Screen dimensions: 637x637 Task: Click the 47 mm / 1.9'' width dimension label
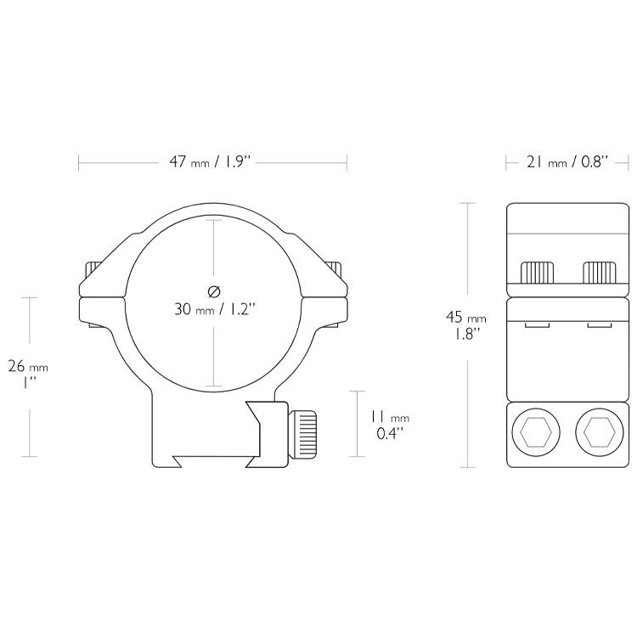(211, 162)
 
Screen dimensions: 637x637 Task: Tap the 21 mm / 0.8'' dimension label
(567, 162)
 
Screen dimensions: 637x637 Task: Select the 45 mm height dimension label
(465, 317)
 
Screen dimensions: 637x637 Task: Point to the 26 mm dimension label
(28, 367)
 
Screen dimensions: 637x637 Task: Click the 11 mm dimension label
(389, 417)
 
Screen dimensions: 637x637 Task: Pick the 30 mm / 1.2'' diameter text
(215, 309)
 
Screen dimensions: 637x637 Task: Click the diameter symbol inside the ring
(214, 291)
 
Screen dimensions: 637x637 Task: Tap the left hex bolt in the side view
(536, 432)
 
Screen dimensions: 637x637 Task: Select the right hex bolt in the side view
(600, 432)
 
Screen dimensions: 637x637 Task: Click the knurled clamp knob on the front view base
(302, 433)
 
